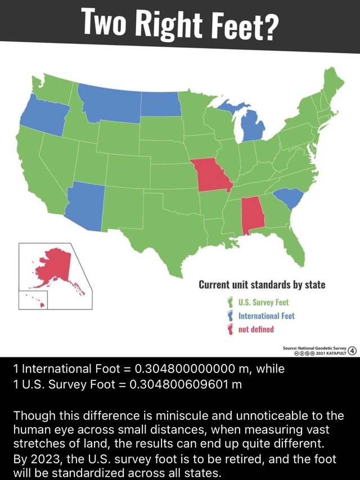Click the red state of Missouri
[x=210, y=175]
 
